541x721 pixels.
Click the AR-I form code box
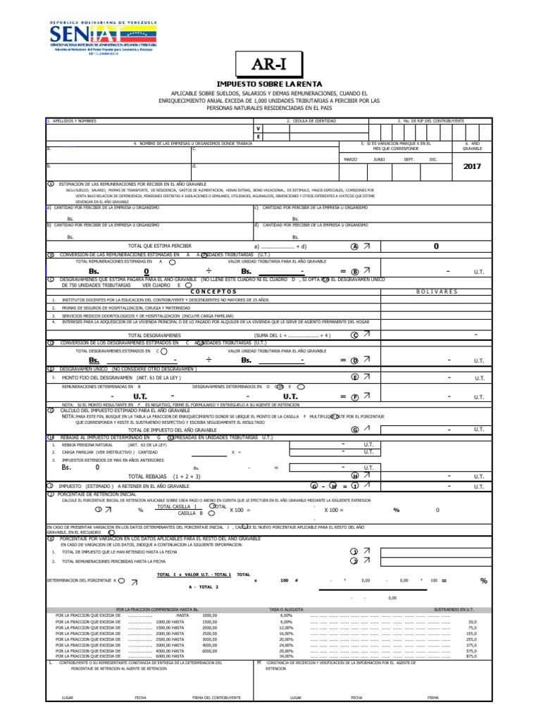(271, 66)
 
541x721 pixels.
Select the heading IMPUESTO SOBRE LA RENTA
(271, 84)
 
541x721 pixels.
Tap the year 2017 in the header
(472, 168)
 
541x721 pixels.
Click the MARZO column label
(350, 160)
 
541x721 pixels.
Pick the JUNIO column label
(379, 160)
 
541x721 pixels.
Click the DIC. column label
(433, 160)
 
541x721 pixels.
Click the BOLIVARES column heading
(437, 291)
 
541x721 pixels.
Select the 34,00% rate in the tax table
(285, 656)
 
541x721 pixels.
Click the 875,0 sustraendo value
(472, 656)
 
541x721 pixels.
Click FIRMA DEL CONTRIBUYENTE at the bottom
(216, 698)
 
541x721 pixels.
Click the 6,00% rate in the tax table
(285, 615)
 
